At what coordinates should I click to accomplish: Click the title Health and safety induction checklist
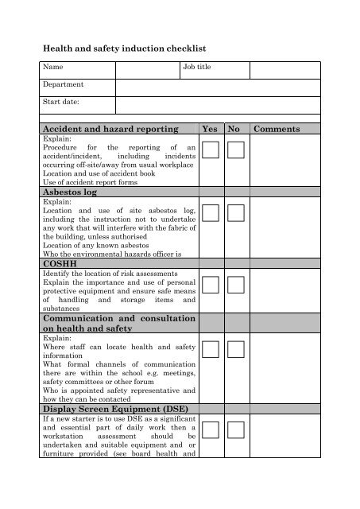click(124, 49)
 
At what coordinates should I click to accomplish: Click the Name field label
click(53, 68)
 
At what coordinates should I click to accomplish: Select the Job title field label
click(197, 68)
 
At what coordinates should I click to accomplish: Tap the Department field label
click(64, 84)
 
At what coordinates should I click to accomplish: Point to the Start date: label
click(61, 102)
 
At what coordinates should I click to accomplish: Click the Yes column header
click(211, 129)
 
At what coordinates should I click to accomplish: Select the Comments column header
click(277, 129)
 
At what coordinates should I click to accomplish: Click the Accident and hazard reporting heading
click(110, 129)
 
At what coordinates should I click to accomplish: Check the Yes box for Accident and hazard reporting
click(211, 150)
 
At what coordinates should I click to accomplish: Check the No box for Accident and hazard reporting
click(236, 150)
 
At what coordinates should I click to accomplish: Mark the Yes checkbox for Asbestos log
click(211, 212)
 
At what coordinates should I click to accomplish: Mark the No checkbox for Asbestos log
click(236, 212)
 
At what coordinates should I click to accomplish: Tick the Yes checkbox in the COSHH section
click(211, 285)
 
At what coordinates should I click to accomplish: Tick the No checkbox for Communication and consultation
click(236, 349)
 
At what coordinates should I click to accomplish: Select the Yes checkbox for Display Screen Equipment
click(211, 430)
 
